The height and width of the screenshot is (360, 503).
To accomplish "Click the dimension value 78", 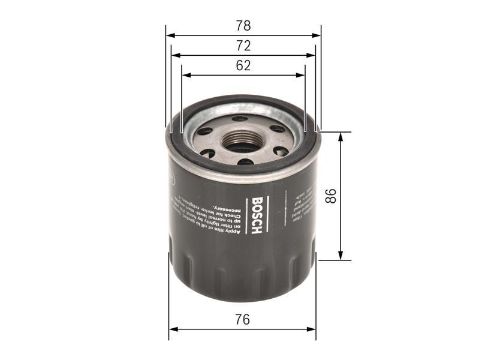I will [x=243, y=26].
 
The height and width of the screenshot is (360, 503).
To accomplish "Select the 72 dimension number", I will [x=243, y=46].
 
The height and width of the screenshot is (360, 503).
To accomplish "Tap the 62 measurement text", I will [x=243, y=66].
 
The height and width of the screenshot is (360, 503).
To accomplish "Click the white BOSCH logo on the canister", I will [x=257, y=216].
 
